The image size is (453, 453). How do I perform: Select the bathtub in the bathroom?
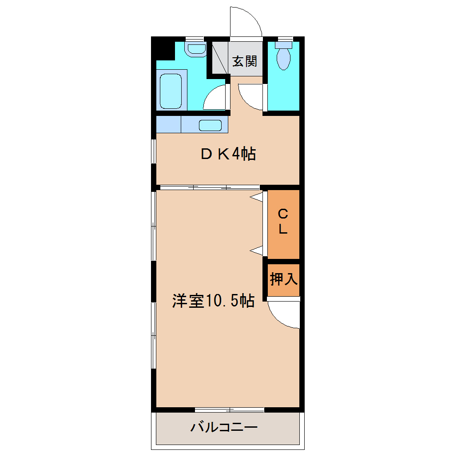pos(171,91)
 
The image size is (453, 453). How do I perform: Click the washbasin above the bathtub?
pos(196,49)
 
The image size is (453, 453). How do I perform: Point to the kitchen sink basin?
pos(210,125)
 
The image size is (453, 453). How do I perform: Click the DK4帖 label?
pos(228,154)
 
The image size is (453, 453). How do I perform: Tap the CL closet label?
pos(283,222)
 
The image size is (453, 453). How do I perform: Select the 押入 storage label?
pos(283,279)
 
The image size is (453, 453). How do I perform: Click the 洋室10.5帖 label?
pos(213,301)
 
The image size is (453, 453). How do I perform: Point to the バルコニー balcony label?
pos(224,428)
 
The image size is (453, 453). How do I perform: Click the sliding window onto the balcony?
pos(230,409)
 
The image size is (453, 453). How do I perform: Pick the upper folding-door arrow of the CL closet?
pos(257,196)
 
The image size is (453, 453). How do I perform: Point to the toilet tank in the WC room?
pos(283,44)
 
